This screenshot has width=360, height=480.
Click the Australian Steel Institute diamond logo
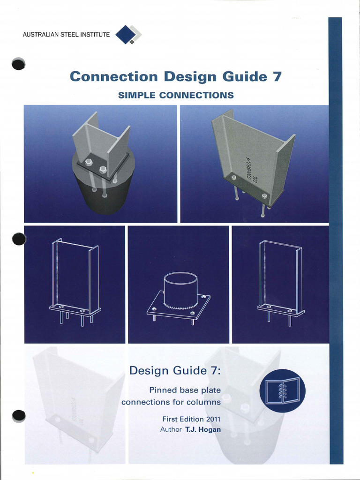click(x=128, y=35)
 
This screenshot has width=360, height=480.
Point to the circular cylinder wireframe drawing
click(x=180, y=287)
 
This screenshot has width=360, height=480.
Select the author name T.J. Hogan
click(x=203, y=429)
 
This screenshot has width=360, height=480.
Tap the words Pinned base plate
click(x=185, y=390)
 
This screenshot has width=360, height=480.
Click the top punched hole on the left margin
click(x=18, y=64)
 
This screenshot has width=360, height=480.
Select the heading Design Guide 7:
click(x=175, y=371)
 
